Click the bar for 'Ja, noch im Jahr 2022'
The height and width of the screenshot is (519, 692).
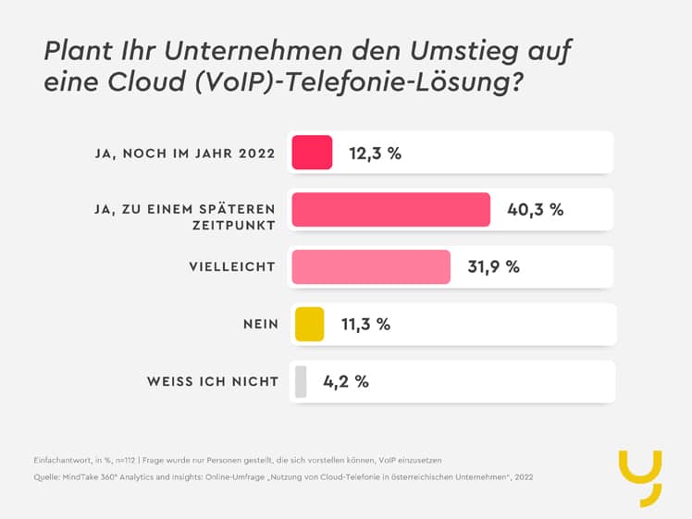pos(312,153)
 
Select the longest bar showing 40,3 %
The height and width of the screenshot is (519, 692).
pos(390,209)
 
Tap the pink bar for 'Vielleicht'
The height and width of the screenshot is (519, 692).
pos(370,266)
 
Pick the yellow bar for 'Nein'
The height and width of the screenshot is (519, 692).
pos(309,324)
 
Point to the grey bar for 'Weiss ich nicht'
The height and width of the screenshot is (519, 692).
pos(301,381)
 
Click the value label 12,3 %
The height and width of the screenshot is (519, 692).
pos(375,154)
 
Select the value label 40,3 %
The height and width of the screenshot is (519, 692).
pos(535,210)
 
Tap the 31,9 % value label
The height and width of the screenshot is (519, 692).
pos(493,267)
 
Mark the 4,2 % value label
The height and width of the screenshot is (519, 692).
pos(345,382)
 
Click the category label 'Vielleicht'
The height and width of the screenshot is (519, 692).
pos(231,266)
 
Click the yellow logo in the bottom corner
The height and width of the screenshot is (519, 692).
pos(639,477)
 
